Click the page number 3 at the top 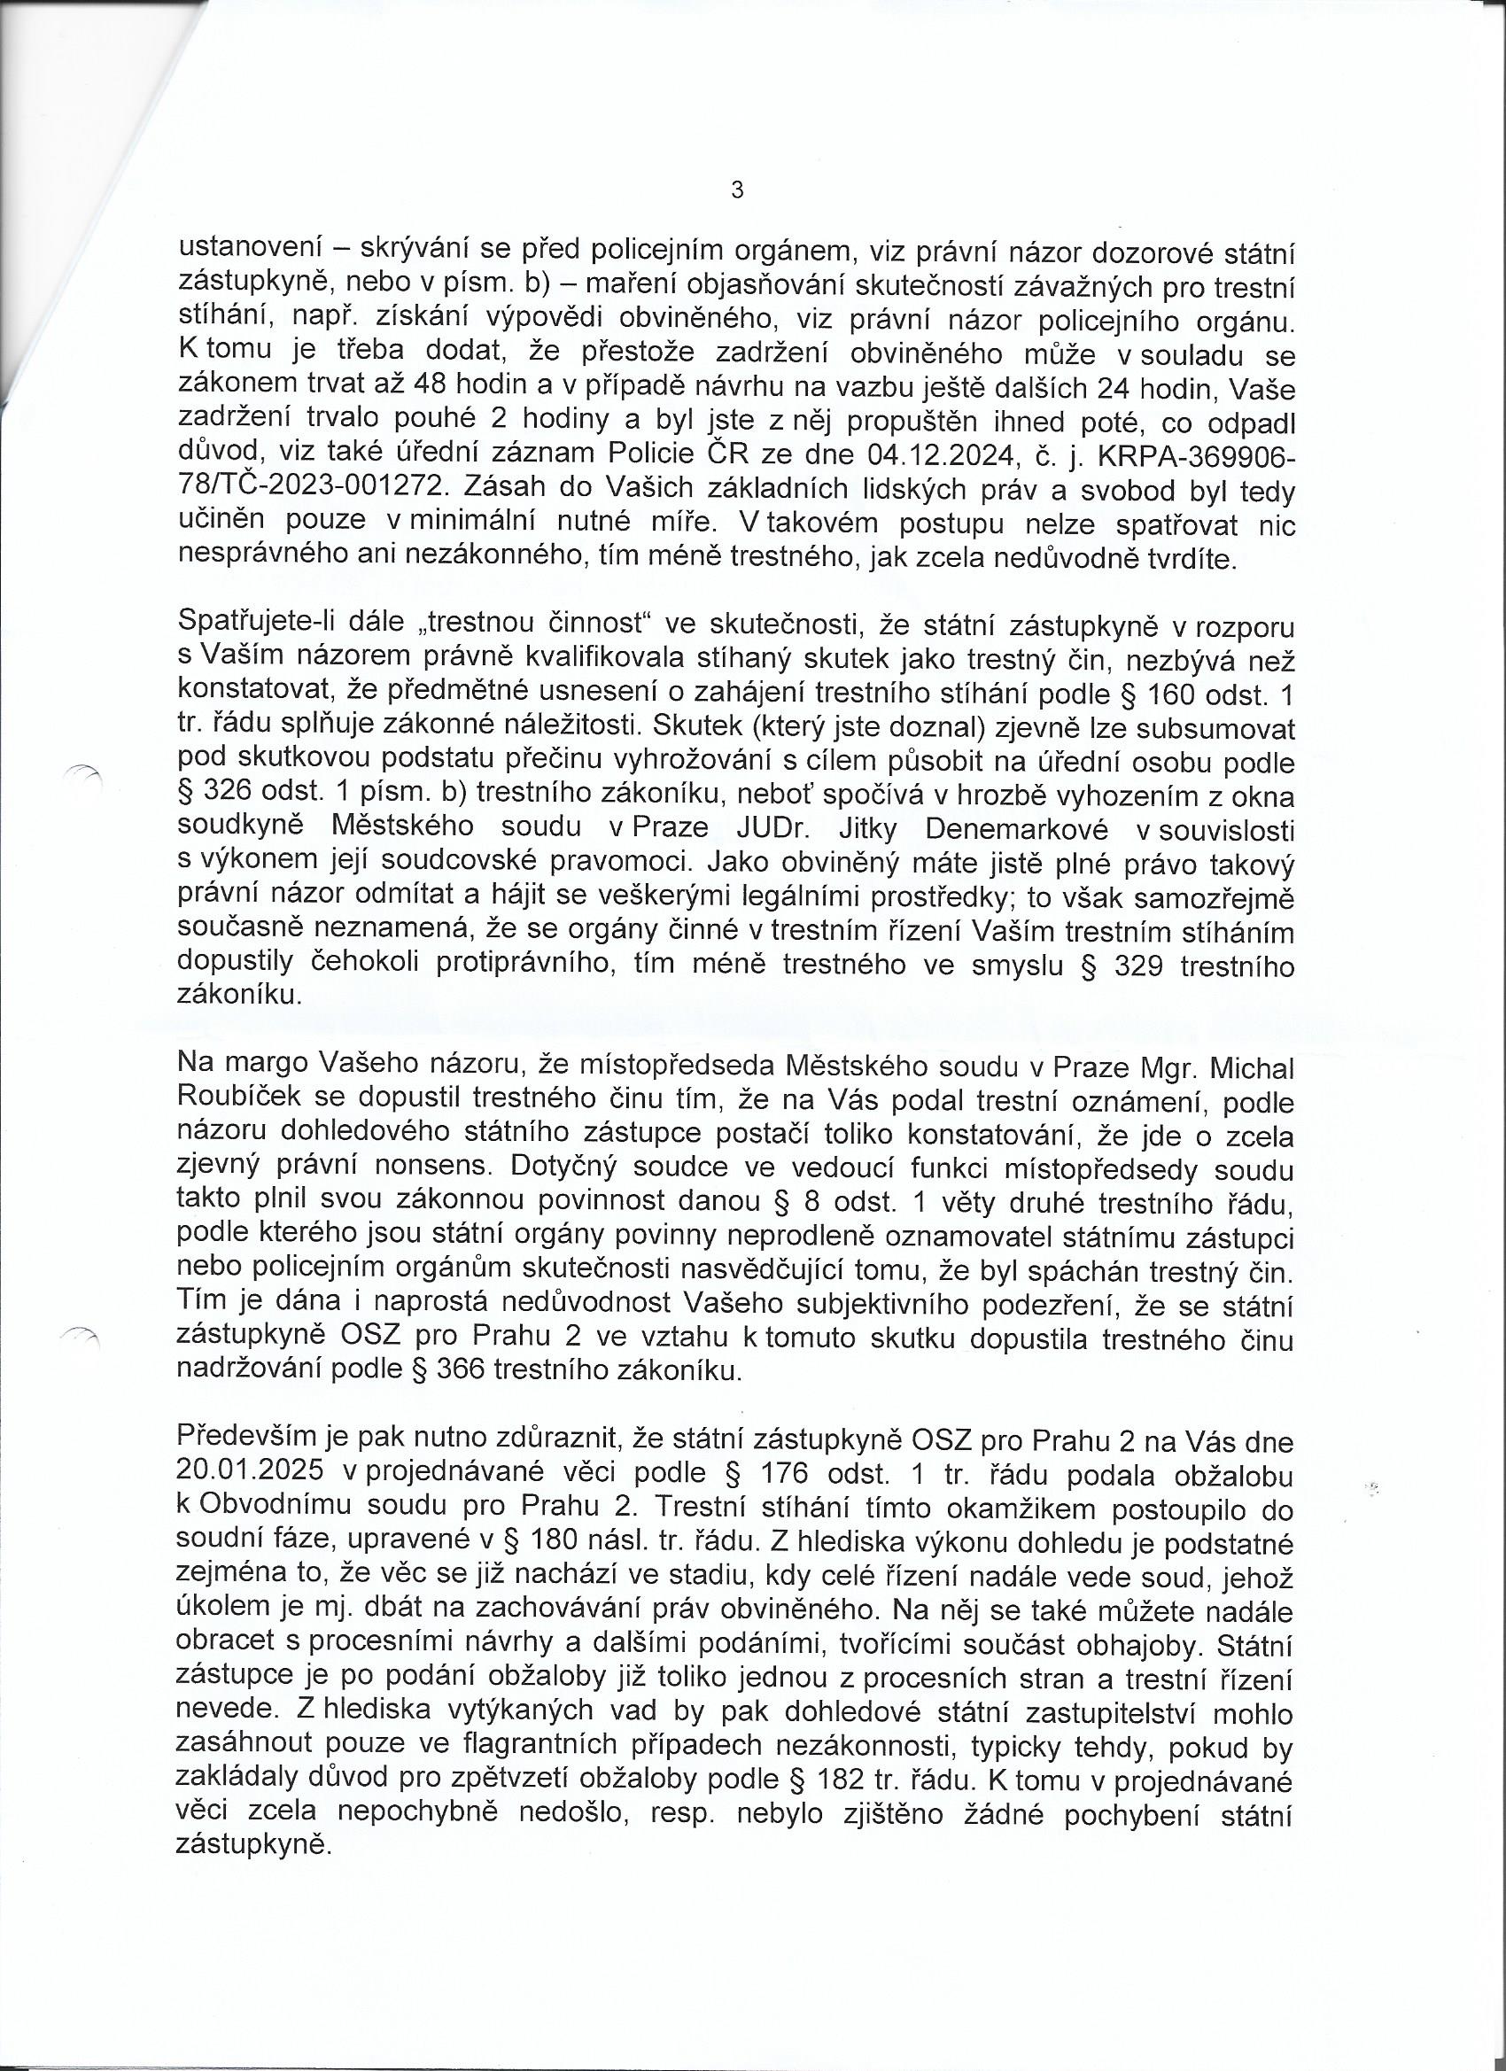[737, 190]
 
